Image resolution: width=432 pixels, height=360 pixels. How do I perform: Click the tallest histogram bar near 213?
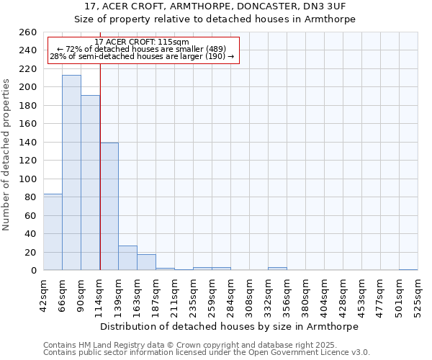tap(71, 173)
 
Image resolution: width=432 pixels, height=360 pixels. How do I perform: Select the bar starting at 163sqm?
tap(146, 262)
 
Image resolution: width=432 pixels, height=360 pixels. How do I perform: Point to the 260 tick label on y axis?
tap(28, 32)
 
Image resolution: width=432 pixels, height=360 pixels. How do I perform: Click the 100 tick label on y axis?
tap(28, 179)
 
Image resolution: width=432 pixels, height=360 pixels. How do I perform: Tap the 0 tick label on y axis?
tap(33, 271)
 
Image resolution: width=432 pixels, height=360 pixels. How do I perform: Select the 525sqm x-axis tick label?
tap(418, 295)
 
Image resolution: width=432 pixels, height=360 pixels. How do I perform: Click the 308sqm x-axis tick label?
tap(249, 295)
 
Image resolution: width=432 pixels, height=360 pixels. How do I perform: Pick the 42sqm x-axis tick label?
tap(43, 295)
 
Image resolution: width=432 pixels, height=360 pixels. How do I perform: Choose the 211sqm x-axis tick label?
tap(174, 295)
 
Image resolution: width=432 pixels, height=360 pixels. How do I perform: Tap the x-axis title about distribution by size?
tap(229, 326)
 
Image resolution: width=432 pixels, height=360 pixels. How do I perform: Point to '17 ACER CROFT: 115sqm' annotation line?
tap(142, 42)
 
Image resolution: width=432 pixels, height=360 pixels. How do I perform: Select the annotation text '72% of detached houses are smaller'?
tap(142, 49)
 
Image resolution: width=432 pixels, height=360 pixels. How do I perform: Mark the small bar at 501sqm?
tap(408, 269)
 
